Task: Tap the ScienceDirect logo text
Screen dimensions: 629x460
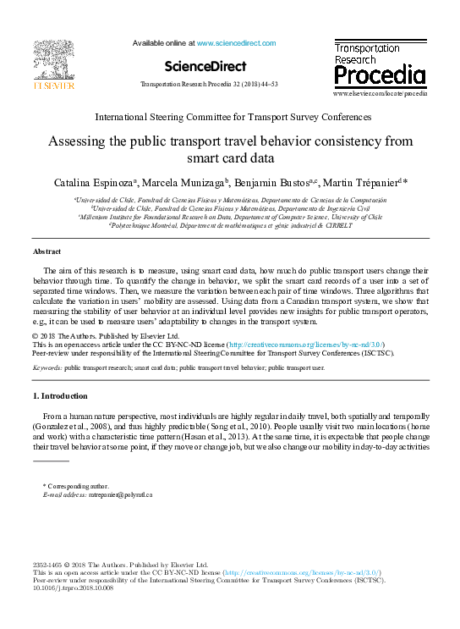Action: pos(205,66)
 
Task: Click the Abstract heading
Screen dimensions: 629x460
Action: pos(47,252)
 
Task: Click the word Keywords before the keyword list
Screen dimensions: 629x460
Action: pos(47,369)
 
